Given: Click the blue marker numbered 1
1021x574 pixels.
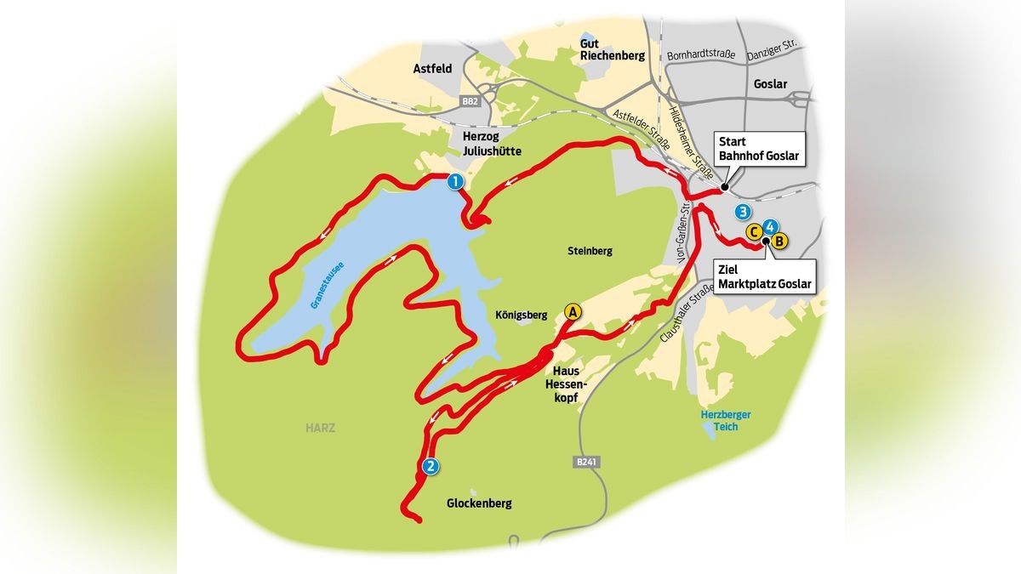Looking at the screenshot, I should pos(455,181).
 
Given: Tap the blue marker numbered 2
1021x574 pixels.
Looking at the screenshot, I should pos(431,466).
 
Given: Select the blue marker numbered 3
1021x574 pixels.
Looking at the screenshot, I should pos(744,211).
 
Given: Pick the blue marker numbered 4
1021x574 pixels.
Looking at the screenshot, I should pos(769,226).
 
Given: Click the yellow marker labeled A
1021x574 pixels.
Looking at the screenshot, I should pos(573,312).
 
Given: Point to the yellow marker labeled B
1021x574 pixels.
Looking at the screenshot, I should pos(780,241).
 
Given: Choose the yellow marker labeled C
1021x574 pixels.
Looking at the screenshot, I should pos(753,231).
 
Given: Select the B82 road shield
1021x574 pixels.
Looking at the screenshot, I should pos(470,101).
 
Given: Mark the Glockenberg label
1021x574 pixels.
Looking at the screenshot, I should pos(479,503).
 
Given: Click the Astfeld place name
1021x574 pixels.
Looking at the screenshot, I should pos(431,69).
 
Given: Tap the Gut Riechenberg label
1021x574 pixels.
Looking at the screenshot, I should pos(612,48).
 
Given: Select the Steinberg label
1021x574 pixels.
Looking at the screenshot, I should pos(590,252).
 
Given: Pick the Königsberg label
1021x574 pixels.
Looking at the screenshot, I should pos(520,314).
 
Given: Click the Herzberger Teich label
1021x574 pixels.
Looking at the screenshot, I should pos(714,420).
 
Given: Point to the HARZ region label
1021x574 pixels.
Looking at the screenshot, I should pos(321,428).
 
